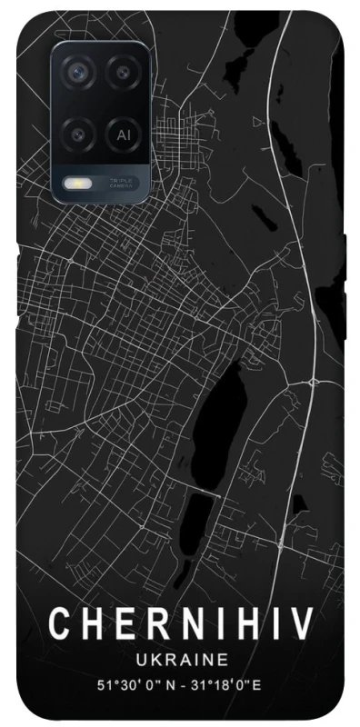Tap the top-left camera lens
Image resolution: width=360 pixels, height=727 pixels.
pyautogui.click(x=78, y=71)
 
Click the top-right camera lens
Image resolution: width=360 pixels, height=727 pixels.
pyautogui.click(x=123, y=71)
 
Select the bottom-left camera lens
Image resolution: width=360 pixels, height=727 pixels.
pyautogui.click(x=78, y=133)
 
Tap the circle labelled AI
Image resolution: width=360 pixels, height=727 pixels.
pyautogui.click(x=123, y=134)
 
